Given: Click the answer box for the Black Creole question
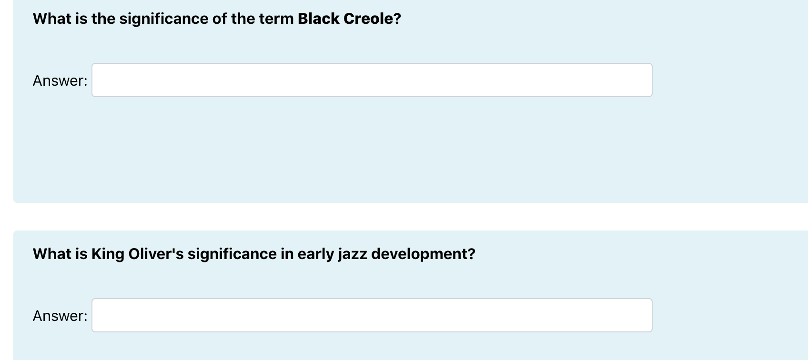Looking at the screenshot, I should click(372, 80).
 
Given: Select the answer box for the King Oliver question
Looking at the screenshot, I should click(372, 315).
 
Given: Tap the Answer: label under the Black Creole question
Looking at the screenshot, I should click(60, 81).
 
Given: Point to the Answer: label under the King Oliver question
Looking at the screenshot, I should click(60, 316).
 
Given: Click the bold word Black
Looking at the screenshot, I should click(318, 19).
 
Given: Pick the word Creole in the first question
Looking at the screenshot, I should click(368, 19).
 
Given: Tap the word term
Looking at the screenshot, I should click(276, 19).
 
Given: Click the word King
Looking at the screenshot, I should click(108, 254).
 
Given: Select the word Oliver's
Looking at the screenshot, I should click(156, 254).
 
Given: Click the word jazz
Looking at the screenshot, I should click(353, 254).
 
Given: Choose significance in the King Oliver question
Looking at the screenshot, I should click(232, 254).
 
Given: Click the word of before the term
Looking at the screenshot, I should click(219, 19).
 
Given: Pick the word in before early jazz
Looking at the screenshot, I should click(287, 254).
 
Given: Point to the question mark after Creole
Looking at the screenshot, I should click(397, 19).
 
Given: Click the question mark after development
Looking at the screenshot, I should click(472, 254).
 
